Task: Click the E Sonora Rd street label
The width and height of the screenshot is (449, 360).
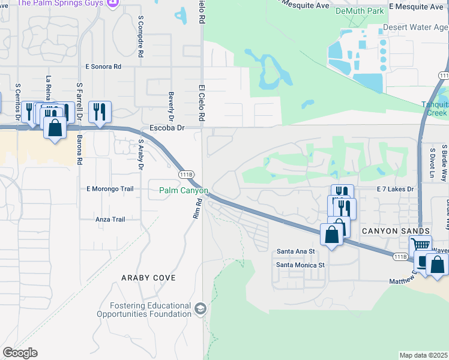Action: pyautogui.click(x=107, y=67)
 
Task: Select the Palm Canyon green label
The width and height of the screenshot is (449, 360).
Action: pyautogui.click(x=183, y=191)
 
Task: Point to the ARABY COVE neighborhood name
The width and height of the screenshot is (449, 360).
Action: pyautogui.click(x=148, y=278)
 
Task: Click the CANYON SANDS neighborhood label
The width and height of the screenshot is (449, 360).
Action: pyautogui.click(x=395, y=231)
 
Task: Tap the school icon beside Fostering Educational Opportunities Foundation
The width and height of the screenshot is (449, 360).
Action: pyautogui.click(x=200, y=309)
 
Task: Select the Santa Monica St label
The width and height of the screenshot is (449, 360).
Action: pyautogui.click(x=300, y=265)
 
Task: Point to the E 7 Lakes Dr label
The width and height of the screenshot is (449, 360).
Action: pyautogui.click(x=396, y=189)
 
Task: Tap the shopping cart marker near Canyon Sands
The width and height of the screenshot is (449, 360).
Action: pyautogui.click(x=420, y=245)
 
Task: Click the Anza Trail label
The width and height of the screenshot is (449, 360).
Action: pyautogui.click(x=110, y=220)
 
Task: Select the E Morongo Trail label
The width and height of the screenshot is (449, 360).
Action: pyautogui.click(x=109, y=189)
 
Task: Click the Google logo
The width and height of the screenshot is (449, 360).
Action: pyautogui.click(x=20, y=353)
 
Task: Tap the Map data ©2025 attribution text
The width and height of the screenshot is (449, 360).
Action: pyautogui.click(x=423, y=355)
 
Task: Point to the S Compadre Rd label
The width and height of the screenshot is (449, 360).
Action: pyautogui.click(x=140, y=37)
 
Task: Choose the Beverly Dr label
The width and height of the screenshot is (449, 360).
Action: pyautogui.click(x=171, y=106)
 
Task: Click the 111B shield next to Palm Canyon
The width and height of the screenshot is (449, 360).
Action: pyautogui.click(x=187, y=174)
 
